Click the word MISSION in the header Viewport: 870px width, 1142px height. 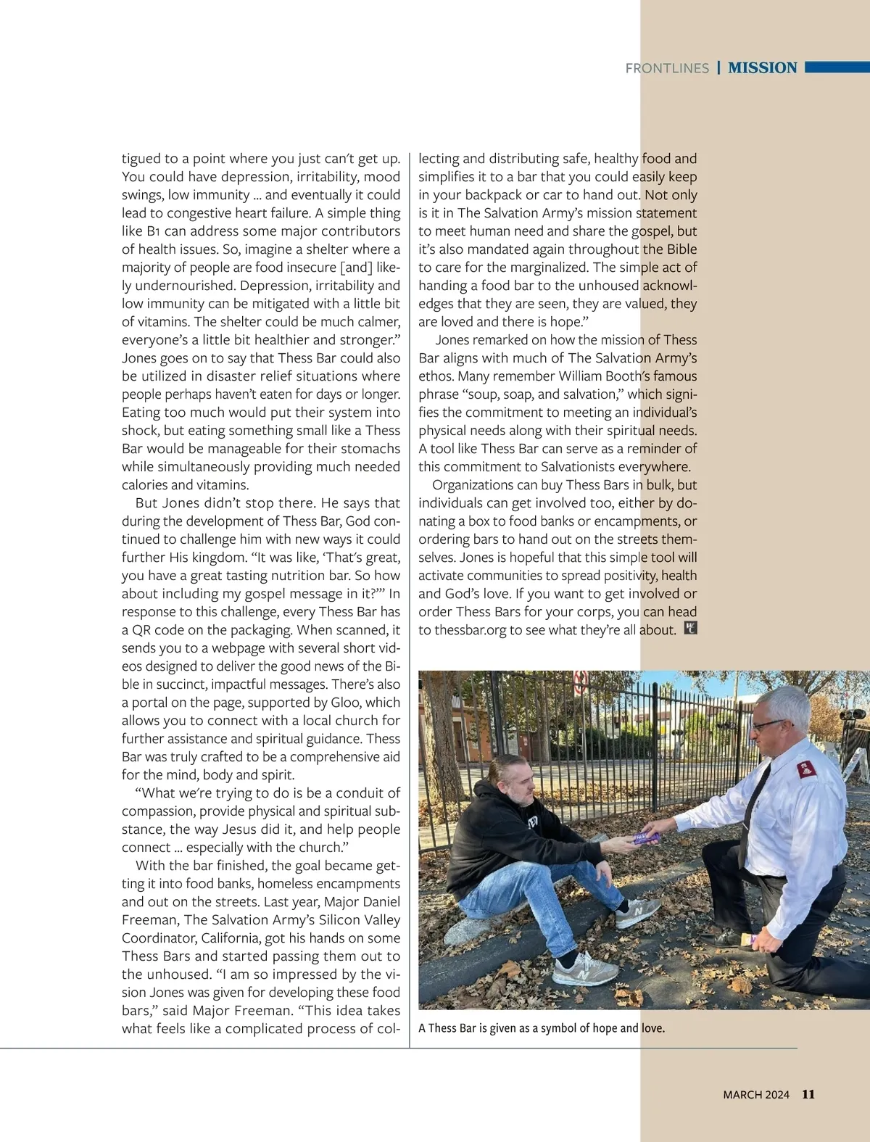[x=762, y=68]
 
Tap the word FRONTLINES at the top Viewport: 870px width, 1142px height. [x=667, y=68]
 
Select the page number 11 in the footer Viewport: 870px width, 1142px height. [x=808, y=1094]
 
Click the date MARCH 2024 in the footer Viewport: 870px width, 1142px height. [x=755, y=1095]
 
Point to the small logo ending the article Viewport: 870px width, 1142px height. [x=690, y=629]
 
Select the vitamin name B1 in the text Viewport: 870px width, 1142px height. [x=152, y=231]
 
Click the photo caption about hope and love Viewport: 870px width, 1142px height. [x=542, y=1028]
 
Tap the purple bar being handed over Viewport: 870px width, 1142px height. [x=647, y=837]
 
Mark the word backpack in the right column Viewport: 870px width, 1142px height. [x=493, y=195]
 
